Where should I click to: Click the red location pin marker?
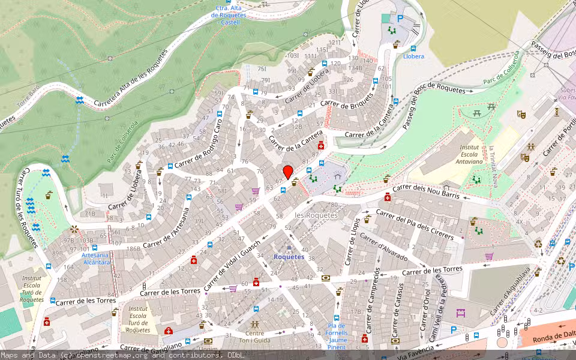point(288,172)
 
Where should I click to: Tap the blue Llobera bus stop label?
point(413,56)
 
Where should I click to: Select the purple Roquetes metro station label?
point(289,257)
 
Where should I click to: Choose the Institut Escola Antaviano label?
point(469,154)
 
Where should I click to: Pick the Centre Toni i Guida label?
point(254,337)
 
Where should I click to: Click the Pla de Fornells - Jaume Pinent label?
point(337,336)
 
